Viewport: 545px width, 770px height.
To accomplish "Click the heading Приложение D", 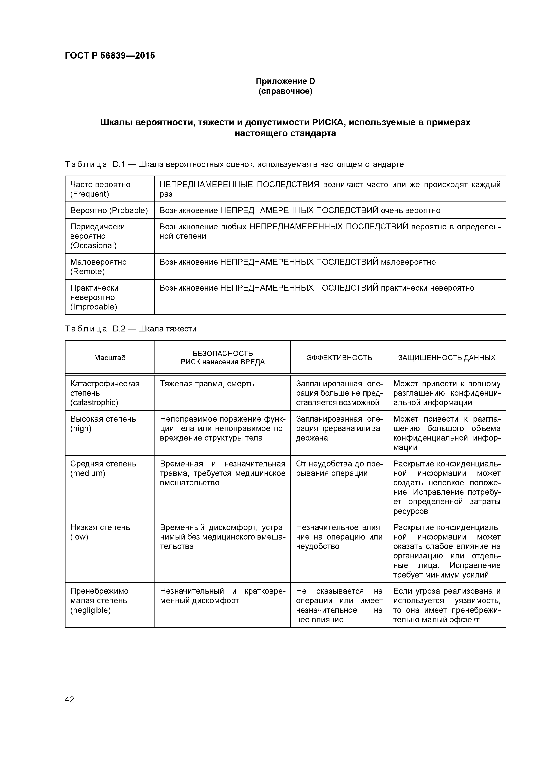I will (x=285, y=81).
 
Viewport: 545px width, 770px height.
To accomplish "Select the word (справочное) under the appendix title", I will (x=285, y=91).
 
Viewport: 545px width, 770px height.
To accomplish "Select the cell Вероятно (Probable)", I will (x=109, y=211).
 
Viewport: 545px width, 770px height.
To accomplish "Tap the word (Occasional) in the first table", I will (x=93, y=245).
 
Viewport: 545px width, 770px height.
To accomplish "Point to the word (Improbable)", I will (x=93, y=307).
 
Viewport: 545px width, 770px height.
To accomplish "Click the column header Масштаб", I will (x=110, y=358).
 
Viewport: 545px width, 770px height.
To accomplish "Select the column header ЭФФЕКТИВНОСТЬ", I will (x=339, y=358).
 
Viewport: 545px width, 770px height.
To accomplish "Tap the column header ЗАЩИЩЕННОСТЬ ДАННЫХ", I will (x=447, y=358).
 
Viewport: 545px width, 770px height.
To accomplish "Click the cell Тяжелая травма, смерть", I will (x=207, y=384).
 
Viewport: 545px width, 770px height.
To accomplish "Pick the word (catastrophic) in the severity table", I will (x=94, y=402).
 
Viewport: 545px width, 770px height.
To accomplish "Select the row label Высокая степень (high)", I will (x=103, y=424).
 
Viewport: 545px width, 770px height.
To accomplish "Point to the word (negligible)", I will (x=90, y=610).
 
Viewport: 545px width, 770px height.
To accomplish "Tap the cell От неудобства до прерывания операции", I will (x=339, y=468).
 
